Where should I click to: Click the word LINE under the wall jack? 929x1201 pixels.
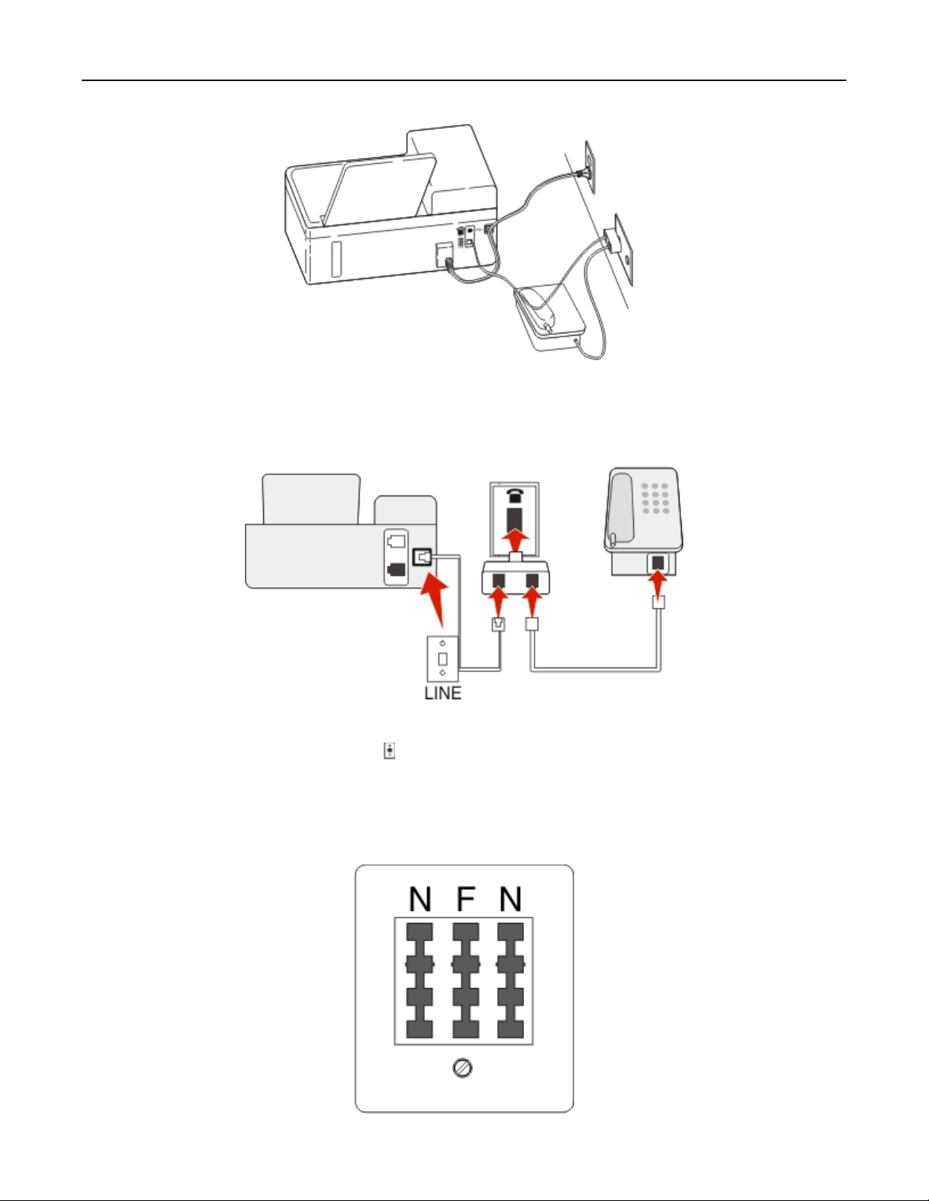click(442, 693)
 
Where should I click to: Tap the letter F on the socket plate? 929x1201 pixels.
click(465, 899)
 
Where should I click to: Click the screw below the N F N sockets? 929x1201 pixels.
click(463, 1068)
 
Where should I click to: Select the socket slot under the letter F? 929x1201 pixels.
click(465, 980)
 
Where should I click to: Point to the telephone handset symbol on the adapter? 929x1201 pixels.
click(516, 495)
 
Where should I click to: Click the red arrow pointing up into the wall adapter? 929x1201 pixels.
click(516, 542)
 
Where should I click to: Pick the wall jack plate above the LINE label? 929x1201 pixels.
click(442, 658)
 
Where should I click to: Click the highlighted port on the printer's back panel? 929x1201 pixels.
click(422, 558)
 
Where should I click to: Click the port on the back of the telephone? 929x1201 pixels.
click(658, 564)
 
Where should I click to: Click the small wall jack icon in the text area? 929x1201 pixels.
click(389, 751)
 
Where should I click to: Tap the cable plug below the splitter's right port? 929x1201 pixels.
click(532, 624)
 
